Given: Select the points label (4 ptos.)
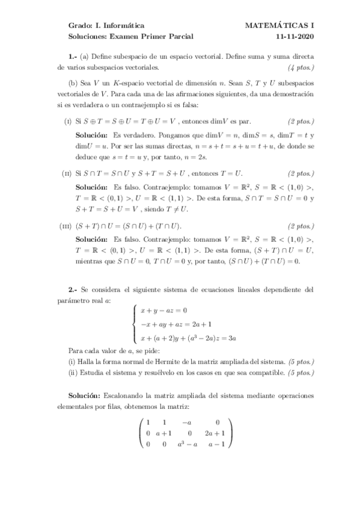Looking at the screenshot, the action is coord(301,66).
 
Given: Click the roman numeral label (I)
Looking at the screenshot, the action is coord(68,121).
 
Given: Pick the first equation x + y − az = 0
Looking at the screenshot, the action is coord(164,310).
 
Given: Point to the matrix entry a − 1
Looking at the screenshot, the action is coord(215,444).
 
